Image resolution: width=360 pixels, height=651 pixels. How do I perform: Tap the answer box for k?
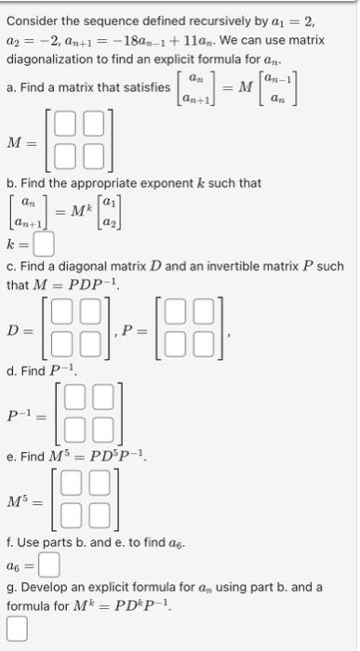44,246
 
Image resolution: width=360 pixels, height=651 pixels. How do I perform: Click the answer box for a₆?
49,564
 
